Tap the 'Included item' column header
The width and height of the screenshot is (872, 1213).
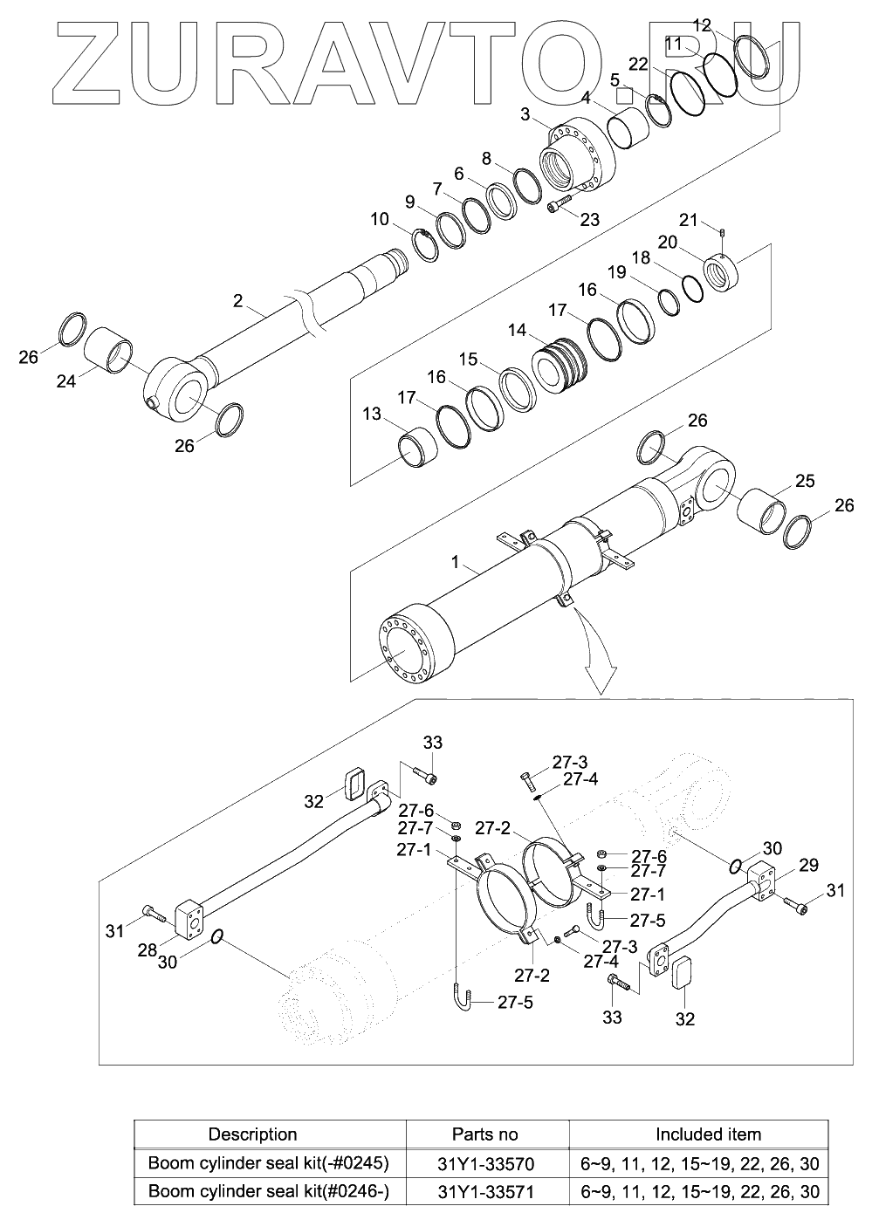coord(708,1134)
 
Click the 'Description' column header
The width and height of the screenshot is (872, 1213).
coord(252,1134)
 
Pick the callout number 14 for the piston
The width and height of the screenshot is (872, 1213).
coord(517,330)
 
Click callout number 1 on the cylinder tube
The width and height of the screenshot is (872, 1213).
coord(456,562)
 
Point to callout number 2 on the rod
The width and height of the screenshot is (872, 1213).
coord(237,300)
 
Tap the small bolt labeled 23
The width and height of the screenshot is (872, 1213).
coord(559,204)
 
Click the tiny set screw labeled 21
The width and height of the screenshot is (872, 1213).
coord(722,233)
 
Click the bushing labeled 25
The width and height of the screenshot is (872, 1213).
coord(761,511)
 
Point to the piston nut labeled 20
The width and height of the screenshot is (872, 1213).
coord(721,273)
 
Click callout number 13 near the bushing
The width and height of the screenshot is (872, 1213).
coord(372,415)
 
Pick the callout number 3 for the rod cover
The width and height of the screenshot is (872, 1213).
coord(525,115)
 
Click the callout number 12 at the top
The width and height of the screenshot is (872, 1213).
coord(702,25)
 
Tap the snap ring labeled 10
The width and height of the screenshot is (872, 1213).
coord(426,246)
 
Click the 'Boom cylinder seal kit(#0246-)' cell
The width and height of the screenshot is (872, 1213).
coord(269,1191)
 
